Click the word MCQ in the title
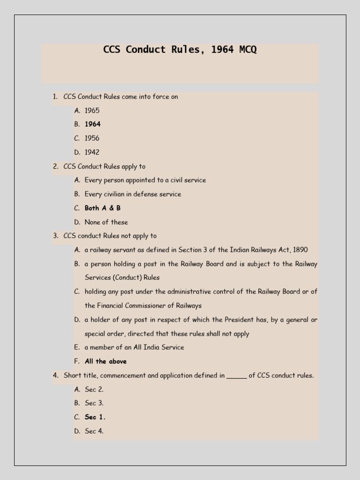tap(248, 50)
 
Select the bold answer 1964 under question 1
tap(92, 124)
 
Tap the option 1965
tap(92, 111)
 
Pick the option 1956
tap(92, 138)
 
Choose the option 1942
tap(92, 152)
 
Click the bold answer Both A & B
tap(103, 208)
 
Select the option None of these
tap(106, 222)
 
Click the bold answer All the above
tap(105, 361)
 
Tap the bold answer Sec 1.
tap(95, 417)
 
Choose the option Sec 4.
tap(94, 431)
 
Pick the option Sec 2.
tap(94, 389)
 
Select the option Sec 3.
tap(94, 403)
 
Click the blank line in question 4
tap(237, 376)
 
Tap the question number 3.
tap(55, 236)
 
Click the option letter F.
tap(76, 361)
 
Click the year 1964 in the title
tap(222, 50)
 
